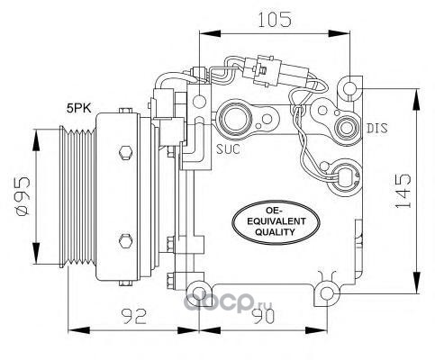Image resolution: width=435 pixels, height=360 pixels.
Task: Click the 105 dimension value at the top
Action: [275, 20]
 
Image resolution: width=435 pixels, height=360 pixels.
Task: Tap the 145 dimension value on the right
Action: [403, 191]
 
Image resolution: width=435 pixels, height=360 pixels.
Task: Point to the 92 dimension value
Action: [133, 316]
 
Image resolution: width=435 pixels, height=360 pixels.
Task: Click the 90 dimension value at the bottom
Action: [263, 316]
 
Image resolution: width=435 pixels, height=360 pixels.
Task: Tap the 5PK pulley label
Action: [79, 108]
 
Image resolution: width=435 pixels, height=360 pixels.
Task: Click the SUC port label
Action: [228, 148]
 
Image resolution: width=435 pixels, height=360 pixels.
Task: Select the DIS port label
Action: [377, 129]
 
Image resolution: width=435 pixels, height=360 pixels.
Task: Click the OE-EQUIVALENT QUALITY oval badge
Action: [275, 222]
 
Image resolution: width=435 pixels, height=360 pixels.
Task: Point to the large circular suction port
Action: [235, 118]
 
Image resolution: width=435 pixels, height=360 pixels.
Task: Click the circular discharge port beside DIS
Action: [348, 128]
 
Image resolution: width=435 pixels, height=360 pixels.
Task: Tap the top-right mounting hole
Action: [349, 88]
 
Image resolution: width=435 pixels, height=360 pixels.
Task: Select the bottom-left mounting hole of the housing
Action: [198, 293]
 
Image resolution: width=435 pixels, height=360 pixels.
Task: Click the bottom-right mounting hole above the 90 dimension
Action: [327, 293]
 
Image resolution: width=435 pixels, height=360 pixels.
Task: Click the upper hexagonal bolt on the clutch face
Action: [125, 154]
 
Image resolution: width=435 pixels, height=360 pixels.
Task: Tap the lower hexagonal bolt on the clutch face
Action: [125, 240]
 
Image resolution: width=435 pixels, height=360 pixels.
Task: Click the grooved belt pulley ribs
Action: [77, 196]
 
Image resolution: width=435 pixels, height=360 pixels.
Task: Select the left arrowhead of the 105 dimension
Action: [209, 33]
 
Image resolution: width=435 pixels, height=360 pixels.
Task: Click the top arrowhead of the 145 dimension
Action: [416, 100]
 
